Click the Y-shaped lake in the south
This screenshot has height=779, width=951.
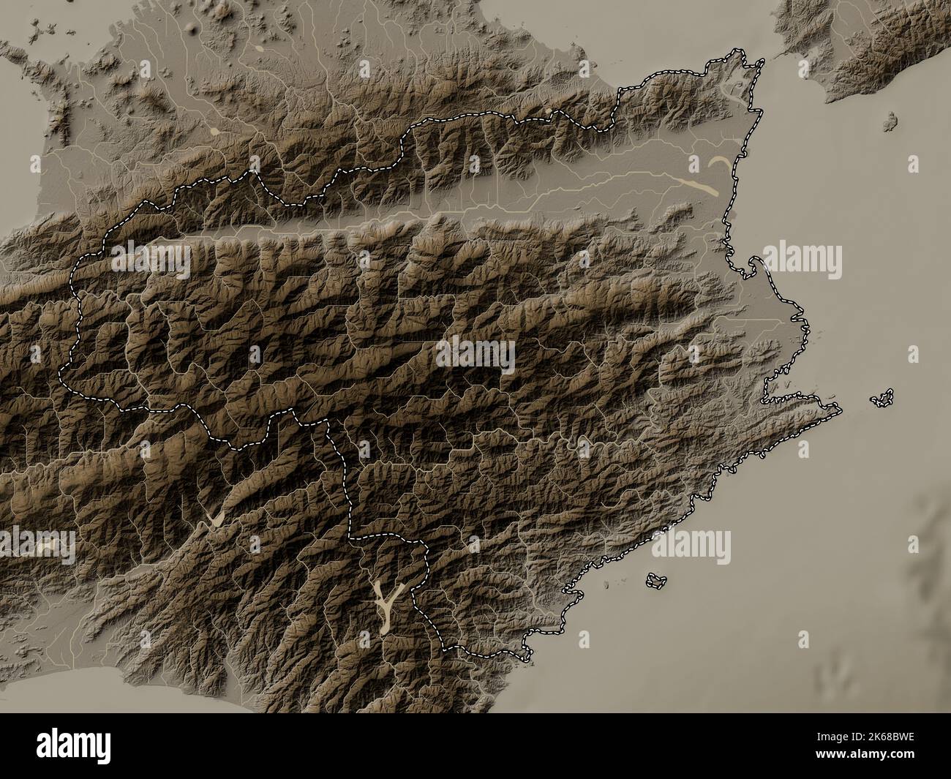386,603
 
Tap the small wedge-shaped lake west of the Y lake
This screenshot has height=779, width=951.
216,518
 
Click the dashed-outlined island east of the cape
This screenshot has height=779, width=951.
882,398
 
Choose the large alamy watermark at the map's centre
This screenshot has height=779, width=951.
475,355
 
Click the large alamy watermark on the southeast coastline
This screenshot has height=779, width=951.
692,545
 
